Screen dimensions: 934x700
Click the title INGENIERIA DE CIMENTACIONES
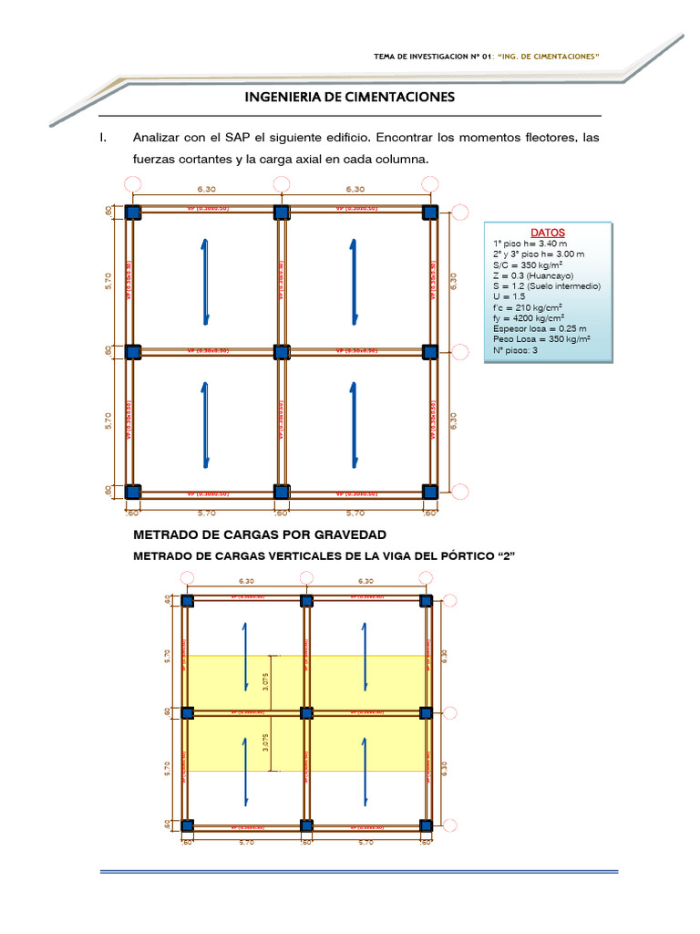tap(350, 97)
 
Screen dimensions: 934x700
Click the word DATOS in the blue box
tap(548, 233)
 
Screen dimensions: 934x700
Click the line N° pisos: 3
tap(516, 349)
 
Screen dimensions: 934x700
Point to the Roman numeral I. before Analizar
tap(104, 138)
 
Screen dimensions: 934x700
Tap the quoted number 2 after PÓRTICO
tap(498, 555)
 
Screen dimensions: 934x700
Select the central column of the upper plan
tap(282, 352)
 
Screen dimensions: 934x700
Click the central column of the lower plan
tap(307, 712)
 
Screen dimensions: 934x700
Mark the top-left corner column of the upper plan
tap(133, 213)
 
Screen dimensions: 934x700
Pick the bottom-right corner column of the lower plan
tap(426, 825)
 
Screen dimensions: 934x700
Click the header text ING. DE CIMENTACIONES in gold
tap(547, 57)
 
